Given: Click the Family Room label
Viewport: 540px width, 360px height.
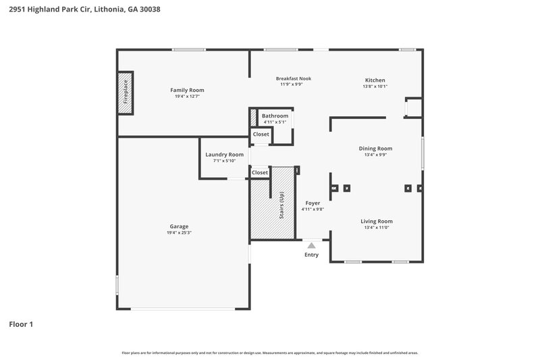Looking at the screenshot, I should (x=187, y=90).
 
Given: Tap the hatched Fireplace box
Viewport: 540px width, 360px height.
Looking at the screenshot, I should (x=125, y=94).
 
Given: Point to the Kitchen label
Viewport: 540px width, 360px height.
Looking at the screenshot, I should (x=375, y=80).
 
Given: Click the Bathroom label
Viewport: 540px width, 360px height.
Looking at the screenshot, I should (x=275, y=116).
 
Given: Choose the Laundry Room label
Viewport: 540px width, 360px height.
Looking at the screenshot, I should (x=224, y=155).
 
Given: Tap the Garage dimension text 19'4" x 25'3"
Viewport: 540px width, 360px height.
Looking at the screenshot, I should (x=179, y=233).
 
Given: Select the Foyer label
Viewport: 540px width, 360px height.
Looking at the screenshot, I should (x=313, y=203).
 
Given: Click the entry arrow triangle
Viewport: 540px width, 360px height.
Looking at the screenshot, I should (x=311, y=246).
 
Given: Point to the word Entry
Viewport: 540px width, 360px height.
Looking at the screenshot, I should (x=311, y=255).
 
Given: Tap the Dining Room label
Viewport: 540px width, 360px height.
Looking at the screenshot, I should (x=375, y=149).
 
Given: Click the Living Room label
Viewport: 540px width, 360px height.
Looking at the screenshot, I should (x=376, y=222).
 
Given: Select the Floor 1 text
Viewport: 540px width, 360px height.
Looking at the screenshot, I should (x=21, y=324).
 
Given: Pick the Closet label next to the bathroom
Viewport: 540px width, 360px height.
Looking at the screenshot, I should (x=261, y=134).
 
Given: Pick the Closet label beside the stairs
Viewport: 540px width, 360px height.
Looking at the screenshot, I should (x=260, y=173).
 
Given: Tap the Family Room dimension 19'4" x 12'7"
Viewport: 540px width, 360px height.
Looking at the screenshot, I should (x=187, y=97).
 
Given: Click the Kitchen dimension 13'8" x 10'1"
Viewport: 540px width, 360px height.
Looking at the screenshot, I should (x=375, y=86).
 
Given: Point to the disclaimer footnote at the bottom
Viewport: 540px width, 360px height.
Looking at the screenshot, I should (x=270, y=353).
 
